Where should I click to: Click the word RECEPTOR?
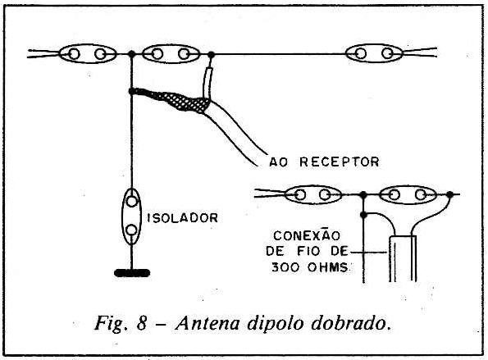340,162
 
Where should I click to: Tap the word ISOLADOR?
182,218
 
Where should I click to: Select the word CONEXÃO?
307,235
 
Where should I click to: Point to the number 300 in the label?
283,267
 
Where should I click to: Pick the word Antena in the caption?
208,323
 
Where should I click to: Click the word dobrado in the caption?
351,323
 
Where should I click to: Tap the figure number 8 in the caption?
142,323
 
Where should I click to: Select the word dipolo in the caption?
276,324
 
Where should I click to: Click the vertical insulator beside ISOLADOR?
131,216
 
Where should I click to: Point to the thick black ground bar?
132,273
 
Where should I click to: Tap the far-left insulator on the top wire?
88,54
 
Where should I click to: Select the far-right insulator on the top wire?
374,53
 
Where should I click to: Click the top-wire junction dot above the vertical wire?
132,54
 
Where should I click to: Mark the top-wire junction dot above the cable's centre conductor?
212,55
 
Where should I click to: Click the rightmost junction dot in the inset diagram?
449,195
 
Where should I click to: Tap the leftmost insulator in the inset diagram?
313,195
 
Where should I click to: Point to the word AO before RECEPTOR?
279,162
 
